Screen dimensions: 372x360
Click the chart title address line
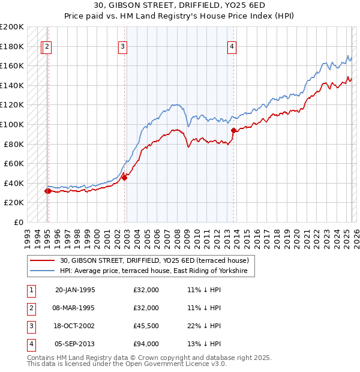[180, 5]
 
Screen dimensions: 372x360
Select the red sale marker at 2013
[233, 130]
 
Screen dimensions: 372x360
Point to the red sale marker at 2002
[125, 177]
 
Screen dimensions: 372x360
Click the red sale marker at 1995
[47, 191]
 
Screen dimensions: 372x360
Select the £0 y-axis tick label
[18, 222]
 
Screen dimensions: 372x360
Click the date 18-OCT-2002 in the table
[75, 326]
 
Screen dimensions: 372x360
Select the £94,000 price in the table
[146, 344]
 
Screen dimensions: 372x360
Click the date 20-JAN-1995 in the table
[75, 290]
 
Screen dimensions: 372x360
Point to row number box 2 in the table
[30, 308]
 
